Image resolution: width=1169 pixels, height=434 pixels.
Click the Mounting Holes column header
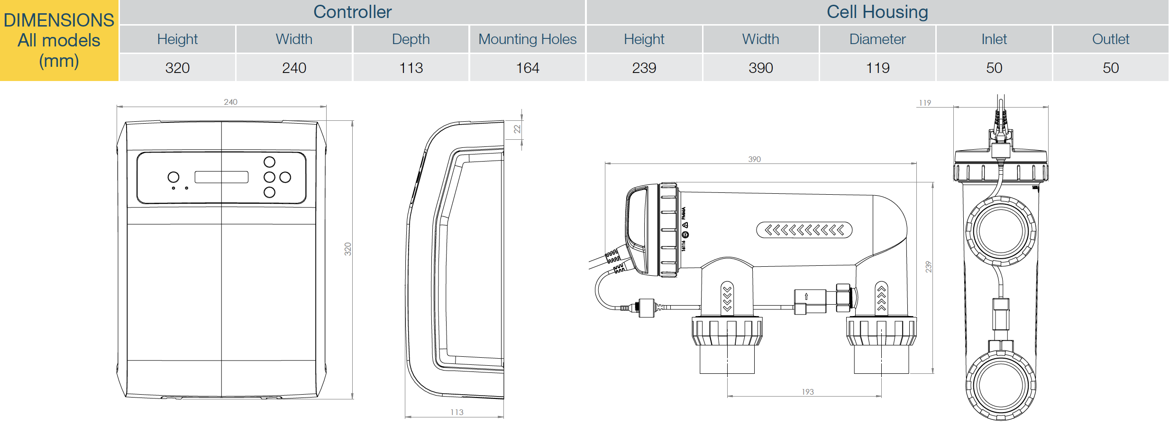coord(527,39)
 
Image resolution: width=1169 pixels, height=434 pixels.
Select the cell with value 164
coord(527,68)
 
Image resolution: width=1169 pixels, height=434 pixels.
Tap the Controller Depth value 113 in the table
coord(411,68)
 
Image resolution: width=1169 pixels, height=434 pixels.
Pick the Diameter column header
coord(877,39)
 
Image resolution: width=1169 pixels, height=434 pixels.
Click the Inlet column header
coord(994,39)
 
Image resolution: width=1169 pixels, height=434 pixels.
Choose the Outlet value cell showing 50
coord(1111,68)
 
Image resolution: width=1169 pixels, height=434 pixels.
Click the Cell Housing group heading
coord(877,12)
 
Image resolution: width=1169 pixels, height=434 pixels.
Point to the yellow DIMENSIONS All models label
coord(59,40)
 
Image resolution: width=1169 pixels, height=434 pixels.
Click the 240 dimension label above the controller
coord(231,102)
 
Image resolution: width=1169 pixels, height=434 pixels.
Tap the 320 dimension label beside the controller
coord(348,249)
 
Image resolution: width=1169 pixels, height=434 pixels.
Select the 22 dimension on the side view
coord(517,129)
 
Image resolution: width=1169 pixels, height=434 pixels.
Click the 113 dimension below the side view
coord(457,412)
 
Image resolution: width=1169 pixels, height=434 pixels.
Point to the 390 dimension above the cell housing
coord(755,159)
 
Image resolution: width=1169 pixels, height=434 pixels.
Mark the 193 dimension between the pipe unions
coord(808,392)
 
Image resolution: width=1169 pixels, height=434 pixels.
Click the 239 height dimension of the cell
coord(929,267)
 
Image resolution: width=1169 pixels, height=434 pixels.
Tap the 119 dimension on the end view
coord(925,103)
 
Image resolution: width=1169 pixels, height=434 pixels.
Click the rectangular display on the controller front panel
coord(221,177)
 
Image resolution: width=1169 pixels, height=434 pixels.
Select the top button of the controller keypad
coord(269,162)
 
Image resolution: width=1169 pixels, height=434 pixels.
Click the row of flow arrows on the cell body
coord(804,230)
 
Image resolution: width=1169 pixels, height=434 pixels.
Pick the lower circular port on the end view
coord(1001,385)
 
